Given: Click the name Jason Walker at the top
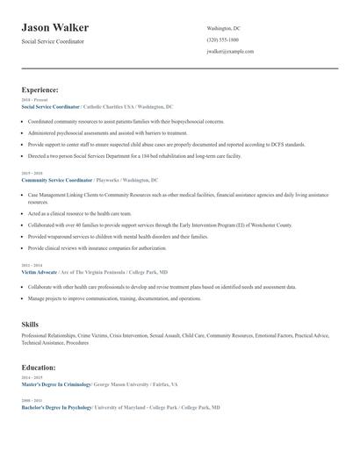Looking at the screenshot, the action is click(55, 28).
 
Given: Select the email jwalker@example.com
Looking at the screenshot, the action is click(231, 52).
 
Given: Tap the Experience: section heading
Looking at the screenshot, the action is click(40, 89).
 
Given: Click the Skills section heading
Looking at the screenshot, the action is click(30, 325).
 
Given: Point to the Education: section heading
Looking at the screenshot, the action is click(39, 368).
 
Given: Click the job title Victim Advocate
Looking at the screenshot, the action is click(40, 272).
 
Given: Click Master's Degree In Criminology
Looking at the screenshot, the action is click(56, 384).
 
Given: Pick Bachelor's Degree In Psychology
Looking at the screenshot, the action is click(56, 408).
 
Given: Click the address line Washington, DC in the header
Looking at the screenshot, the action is click(223, 29).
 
